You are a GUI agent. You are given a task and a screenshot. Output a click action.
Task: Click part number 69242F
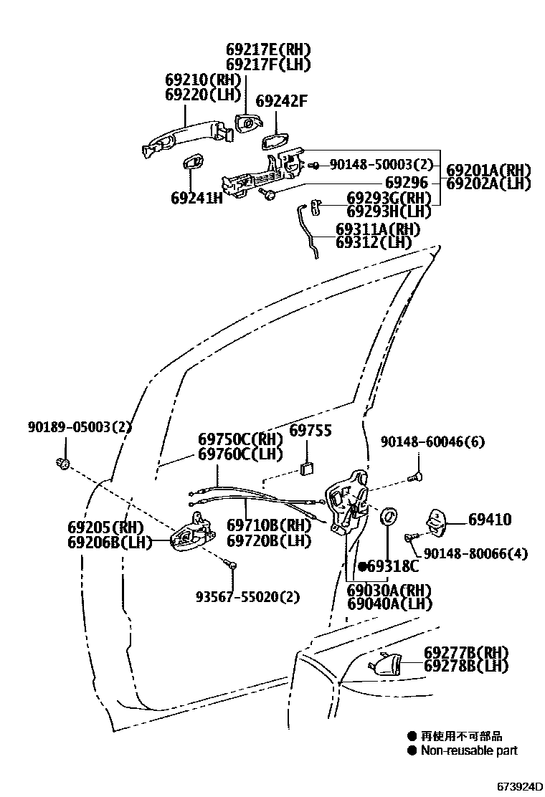(x=281, y=102)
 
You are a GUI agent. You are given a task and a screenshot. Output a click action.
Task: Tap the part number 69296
(x=407, y=183)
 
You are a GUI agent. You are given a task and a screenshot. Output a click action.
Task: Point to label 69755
(x=310, y=431)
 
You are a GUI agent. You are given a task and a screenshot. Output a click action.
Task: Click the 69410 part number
(x=490, y=520)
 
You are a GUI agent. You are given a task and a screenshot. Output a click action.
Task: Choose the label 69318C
(x=392, y=566)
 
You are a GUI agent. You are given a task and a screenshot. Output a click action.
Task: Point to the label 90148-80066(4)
(x=475, y=553)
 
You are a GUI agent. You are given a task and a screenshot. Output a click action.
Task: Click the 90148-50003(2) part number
(x=382, y=165)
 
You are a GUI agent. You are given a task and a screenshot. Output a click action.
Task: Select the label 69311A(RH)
(x=378, y=229)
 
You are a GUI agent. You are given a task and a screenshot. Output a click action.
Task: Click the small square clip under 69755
(x=307, y=469)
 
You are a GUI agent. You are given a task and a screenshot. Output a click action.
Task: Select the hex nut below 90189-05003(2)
(x=62, y=463)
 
